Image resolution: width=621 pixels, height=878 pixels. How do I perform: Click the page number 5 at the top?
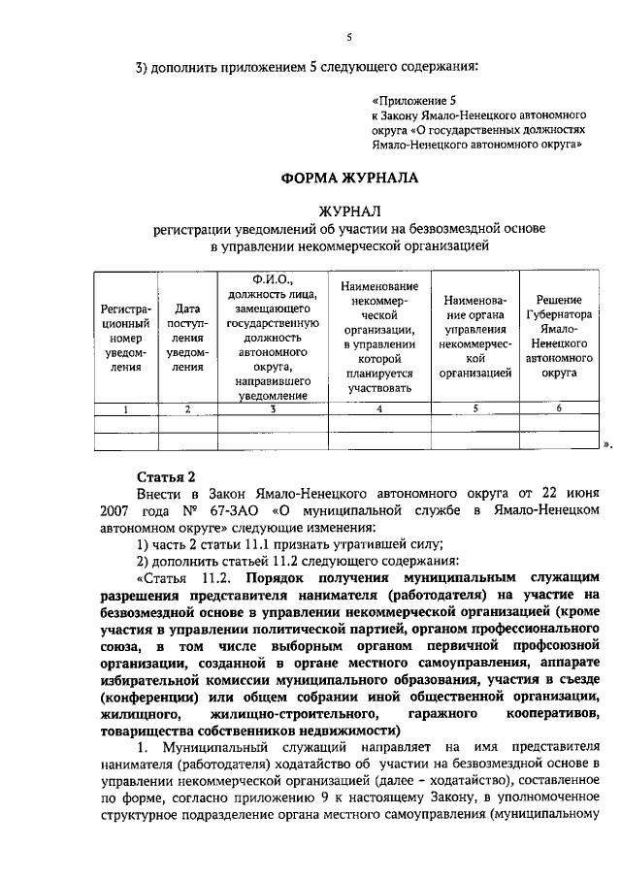coord(348,37)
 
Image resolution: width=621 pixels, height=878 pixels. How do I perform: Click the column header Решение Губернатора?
coord(558,336)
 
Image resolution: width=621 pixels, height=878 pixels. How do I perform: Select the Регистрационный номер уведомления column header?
coord(125,337)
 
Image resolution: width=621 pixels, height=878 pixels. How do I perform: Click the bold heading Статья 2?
coord(166,475)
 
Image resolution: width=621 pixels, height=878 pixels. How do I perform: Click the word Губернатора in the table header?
coord(558,314)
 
